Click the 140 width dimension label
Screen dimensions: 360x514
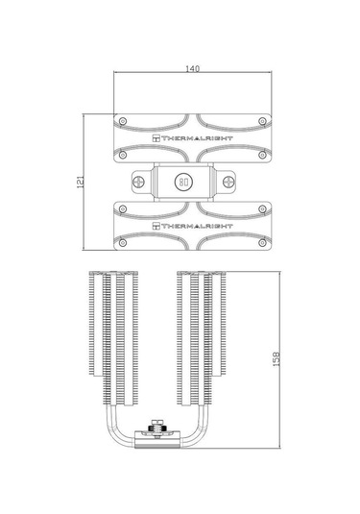192,68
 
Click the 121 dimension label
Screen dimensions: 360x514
81,182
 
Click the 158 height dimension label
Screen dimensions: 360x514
276,359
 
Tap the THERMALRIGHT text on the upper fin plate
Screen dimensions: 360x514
193,138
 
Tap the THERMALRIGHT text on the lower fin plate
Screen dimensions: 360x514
193,226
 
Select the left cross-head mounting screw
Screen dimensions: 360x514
139,182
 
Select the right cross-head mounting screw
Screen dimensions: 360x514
228,182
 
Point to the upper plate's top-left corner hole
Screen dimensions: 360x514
123,121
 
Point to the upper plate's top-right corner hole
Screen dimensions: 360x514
262,121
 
